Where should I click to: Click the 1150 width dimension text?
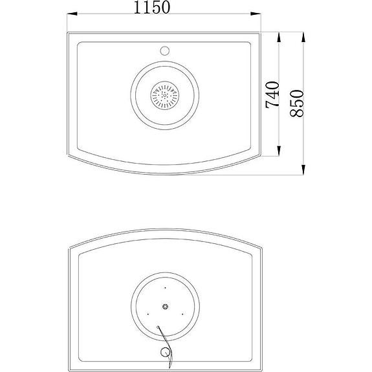point(152,8)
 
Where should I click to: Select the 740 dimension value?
point(272,94)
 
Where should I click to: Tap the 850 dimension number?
point(297,102)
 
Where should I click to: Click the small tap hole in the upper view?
point(164,50)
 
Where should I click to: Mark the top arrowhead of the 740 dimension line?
point(279,32)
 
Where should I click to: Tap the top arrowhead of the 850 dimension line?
point(304,32)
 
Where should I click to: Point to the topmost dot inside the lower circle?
point(166,287)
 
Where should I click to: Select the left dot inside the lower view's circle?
point(149,314)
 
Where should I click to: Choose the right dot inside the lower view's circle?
point(182,314)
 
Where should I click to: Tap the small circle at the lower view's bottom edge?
point(166,352)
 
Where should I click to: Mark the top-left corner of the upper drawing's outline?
point(68,29)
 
